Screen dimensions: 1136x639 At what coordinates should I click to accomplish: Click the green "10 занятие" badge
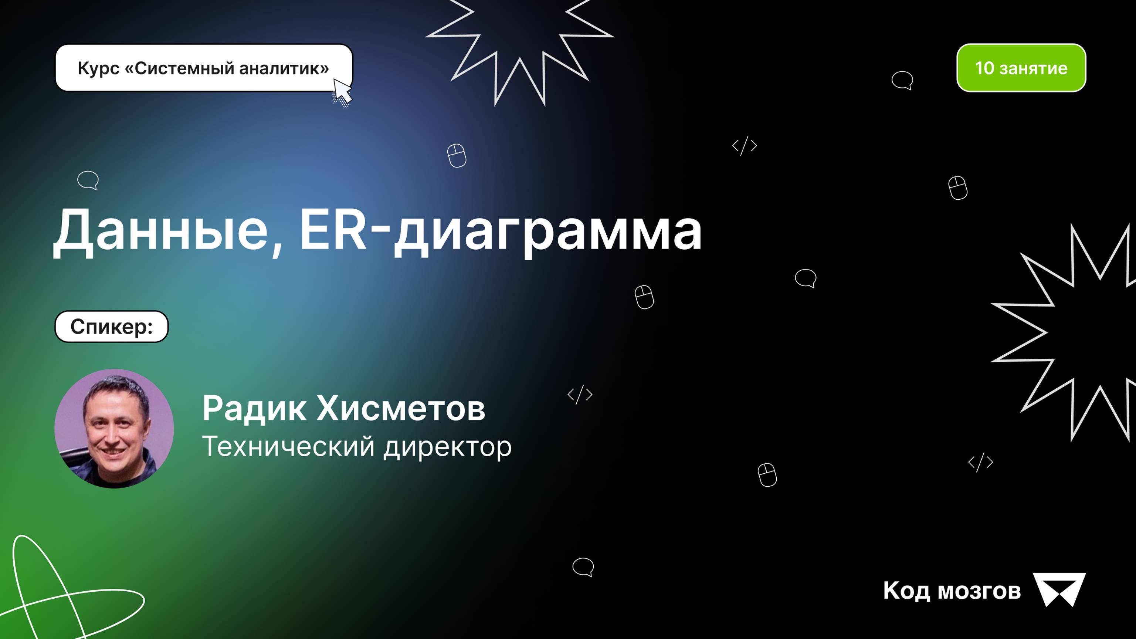pyautogui.click(x=1021, y=68)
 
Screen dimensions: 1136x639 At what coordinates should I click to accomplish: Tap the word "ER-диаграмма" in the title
pyautogui.click(x=501, y=231)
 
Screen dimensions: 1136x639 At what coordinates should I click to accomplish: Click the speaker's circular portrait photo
pyautogui.click(x=114, y=429)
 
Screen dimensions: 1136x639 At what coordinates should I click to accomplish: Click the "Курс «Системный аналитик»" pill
pyautogui.click(x=204, y=68)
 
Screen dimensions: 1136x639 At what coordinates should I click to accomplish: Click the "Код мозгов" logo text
pyautogui.click(x=952, y=591)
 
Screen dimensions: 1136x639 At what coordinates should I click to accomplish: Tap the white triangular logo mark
pyautogui.click(x=1059, y=589)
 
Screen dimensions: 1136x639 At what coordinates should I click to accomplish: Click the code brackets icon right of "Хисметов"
pyautogui.click(x=580, y=394)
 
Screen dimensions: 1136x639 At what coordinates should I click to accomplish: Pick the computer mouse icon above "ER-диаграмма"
pyautogui.click(x=457, y=155)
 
